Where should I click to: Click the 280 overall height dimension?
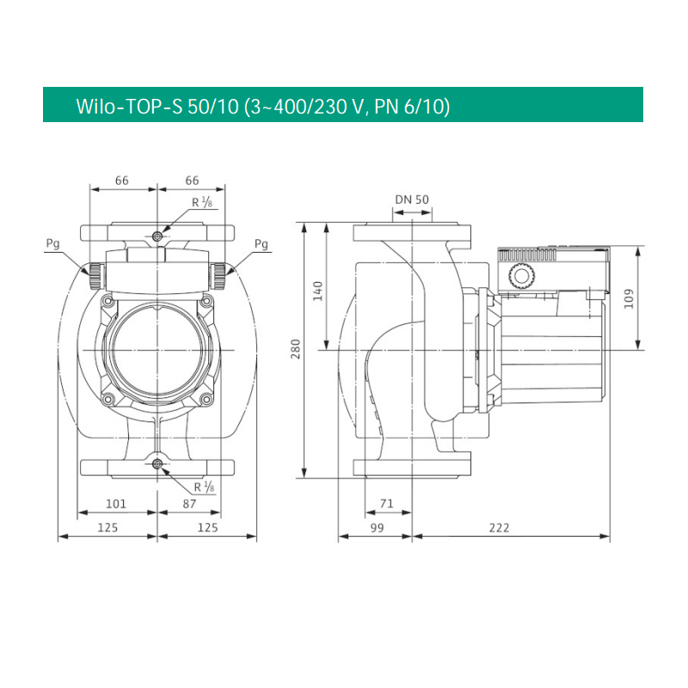coord(296,349)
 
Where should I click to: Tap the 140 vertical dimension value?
coord(317,291)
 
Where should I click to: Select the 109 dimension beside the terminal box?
coord(629,298)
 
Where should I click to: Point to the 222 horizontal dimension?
coord(499,527)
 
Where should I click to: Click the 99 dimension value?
coord(377,527)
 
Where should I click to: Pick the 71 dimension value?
coord(386,503)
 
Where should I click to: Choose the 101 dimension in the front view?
coord(116,504)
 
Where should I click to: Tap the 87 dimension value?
coord(189,504)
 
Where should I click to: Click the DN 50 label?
coord(412,200)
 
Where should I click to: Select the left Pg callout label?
coord(52,243)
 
